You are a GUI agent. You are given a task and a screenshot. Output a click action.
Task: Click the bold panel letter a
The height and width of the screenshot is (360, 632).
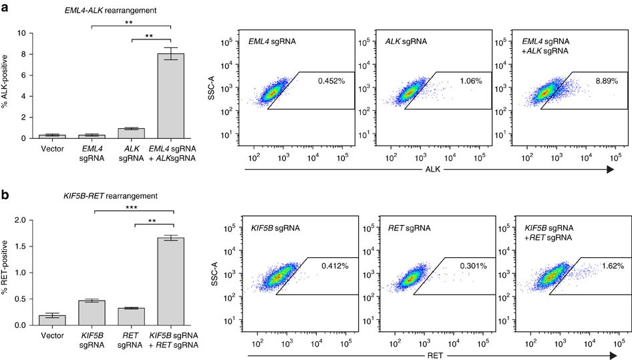point(5,5)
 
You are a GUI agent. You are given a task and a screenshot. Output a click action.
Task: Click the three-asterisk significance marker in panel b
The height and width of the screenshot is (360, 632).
point(134,208)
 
